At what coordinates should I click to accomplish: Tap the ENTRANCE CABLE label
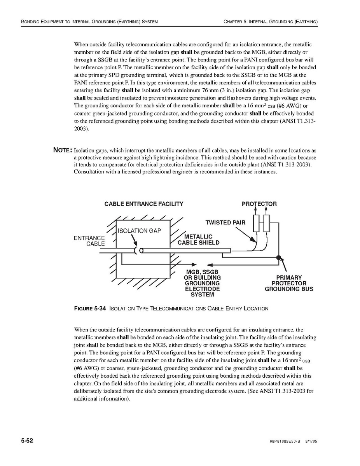pos(89,241)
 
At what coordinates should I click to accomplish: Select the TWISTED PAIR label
pos(225,222)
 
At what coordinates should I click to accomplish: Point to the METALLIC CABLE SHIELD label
pos(198,240)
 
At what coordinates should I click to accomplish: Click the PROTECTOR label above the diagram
pos(259,204)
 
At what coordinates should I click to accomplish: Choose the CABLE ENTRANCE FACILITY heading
pos(144,204)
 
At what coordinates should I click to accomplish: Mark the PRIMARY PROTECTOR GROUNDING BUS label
pos(289,283)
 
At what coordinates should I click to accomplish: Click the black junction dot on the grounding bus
pos(278,258)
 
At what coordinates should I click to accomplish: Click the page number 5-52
pos(27,441)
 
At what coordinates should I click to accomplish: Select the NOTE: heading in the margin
pos(62,150)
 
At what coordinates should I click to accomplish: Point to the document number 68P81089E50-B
pos(285,442)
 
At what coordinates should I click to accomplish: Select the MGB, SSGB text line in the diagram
pos(202,272)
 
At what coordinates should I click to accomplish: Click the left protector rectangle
pos(256,223)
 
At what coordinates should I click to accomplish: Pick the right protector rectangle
pos(266,223)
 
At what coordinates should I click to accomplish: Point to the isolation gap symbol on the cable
pos(137,251)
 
